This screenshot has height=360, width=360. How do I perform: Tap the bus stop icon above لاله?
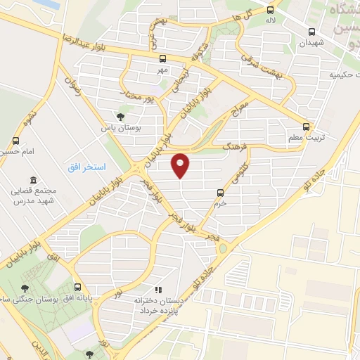pyautogui.click(x=270, y=10)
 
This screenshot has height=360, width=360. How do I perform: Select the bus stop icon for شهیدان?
pyautogui.click(x=311, y=32)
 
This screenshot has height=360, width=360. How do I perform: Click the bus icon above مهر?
pyautogui.click(x=163, y=59)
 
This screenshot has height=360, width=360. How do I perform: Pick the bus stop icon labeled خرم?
pyautogui.click(x=221, y=192)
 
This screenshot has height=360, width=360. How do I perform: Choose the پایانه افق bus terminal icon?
pyautogui.click(x=78, y=287)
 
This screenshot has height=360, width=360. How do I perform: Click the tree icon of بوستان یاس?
pyautogui.click(x=120, y=117)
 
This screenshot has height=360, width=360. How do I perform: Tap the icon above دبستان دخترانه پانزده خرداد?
pyautogui.click(x=158, y=289)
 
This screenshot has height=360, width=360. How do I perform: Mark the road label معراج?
pyautogui.click(x=240, y=110)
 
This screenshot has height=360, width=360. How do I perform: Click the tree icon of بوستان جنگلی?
pyautogui.click(x=25, y=288)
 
